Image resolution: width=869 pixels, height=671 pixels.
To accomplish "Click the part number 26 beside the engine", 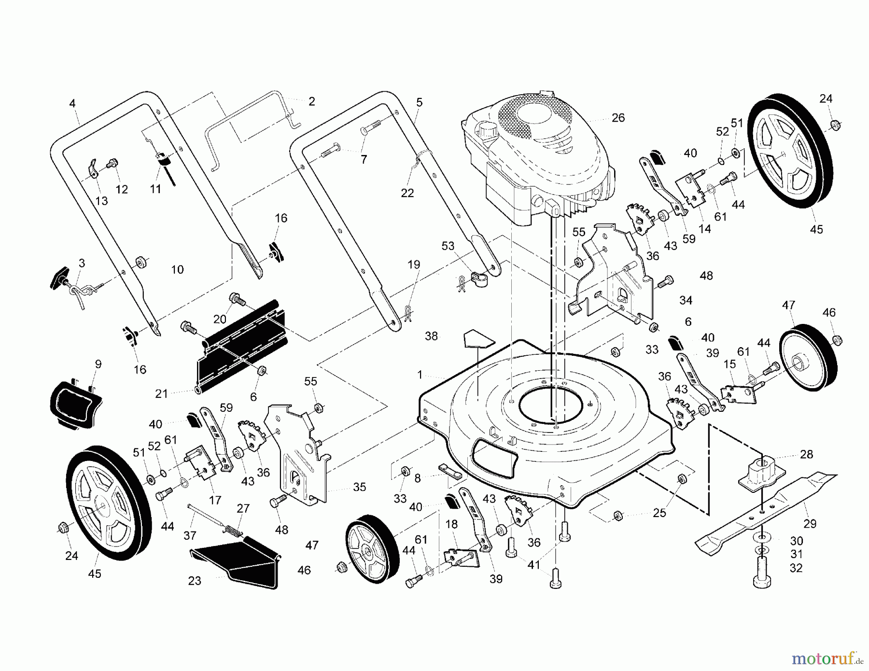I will (618, 118).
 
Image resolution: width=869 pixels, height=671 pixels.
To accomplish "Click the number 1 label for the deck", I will (420, 375).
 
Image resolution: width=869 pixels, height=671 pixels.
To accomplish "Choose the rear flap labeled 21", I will (241, 348).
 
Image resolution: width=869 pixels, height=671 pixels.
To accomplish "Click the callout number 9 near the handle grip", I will (98, 364).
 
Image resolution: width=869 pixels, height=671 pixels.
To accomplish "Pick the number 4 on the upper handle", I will (72, 103).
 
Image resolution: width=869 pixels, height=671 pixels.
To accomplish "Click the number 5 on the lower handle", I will (419, 102).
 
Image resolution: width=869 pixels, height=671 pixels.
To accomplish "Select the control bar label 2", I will (311, 101).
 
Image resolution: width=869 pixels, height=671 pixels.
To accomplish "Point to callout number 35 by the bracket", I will (359, 487).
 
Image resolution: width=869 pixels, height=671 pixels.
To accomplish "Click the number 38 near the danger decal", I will (431, 336).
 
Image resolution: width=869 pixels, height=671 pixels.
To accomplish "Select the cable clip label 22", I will (407, 193).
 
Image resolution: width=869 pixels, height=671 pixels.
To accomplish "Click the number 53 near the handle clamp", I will (448, 246).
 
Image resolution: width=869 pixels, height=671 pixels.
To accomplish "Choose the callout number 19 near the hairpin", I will (414, 265).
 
